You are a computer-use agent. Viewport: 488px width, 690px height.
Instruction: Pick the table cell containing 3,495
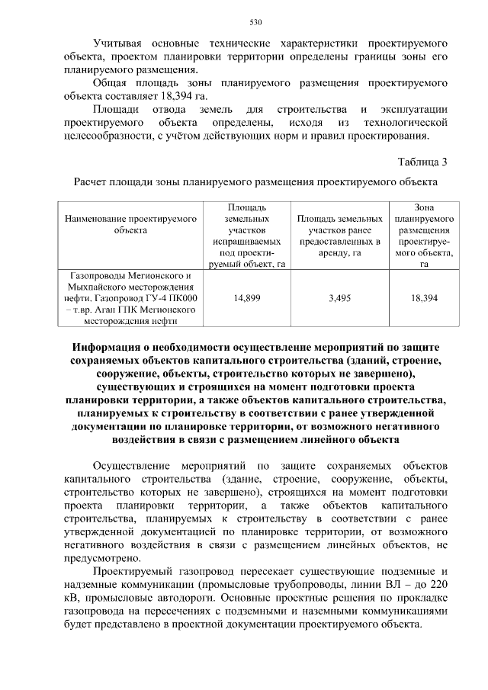(x=339, y=298)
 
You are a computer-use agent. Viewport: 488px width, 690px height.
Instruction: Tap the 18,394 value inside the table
(x=424, y=298)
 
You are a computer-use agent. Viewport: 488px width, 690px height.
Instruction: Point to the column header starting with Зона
(x=424, y=206)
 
